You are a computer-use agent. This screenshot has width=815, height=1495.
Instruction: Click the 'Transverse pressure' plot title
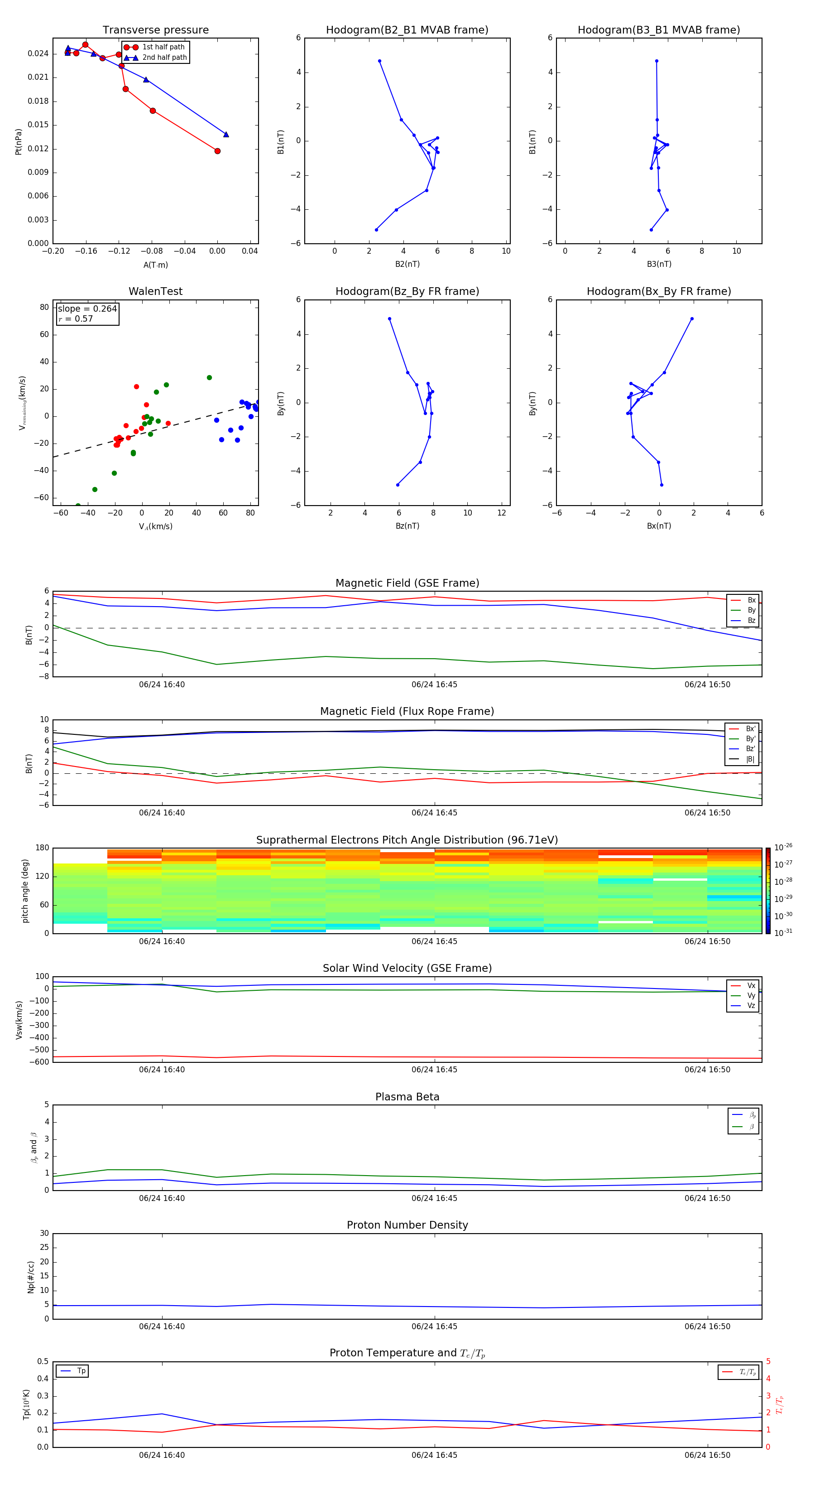pos(155,30)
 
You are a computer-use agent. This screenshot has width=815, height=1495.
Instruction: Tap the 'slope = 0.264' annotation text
pos(87,309)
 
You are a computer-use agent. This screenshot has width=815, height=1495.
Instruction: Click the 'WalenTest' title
pos(155,291)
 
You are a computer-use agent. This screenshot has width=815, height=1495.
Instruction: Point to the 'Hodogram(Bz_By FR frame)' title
pos(407,291)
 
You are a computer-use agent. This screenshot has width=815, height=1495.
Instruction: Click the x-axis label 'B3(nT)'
pos(659,264)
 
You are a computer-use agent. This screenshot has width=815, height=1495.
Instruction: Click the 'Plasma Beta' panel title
pos(407,1097)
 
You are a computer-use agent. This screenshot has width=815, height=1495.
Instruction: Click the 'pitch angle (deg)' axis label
pos(25,890)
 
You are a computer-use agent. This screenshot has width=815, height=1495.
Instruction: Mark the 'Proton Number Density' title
pos(407,1225)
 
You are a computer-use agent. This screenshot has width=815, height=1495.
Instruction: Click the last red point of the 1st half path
pos(217,151)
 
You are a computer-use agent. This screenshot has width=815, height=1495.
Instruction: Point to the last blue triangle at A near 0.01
pos(226,135)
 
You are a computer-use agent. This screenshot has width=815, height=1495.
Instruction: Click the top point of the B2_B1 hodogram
pos(379,61)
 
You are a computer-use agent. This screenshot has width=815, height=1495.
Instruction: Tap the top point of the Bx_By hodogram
pos(692,318)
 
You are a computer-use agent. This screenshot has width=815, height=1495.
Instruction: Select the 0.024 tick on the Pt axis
pos(38,53)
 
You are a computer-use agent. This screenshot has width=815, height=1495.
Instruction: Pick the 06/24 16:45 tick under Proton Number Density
pos(435,1326)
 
